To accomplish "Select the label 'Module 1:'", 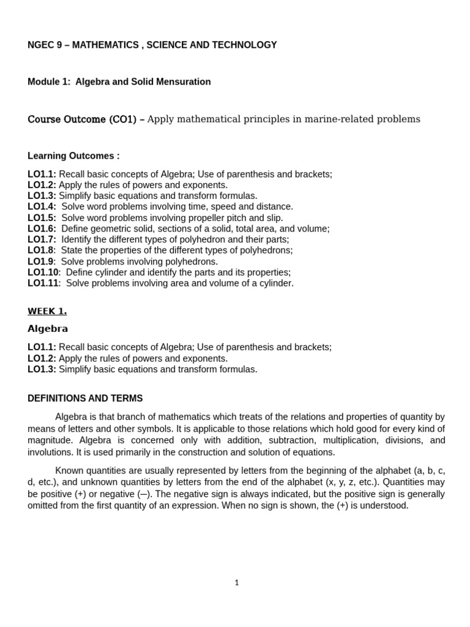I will pos(49,81).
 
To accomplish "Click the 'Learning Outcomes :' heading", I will pos(73,156).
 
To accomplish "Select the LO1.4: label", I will pos(42,206).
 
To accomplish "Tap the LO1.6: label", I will pos(42,228).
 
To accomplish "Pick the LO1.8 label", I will pos(40,250).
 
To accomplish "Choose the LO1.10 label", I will pos(43,272).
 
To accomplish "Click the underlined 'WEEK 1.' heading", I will pos(47,311).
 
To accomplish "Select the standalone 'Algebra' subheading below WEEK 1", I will pos(48,329).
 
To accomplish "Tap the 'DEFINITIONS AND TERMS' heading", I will pos(85,398).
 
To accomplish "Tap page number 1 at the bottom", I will pos(237,582).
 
